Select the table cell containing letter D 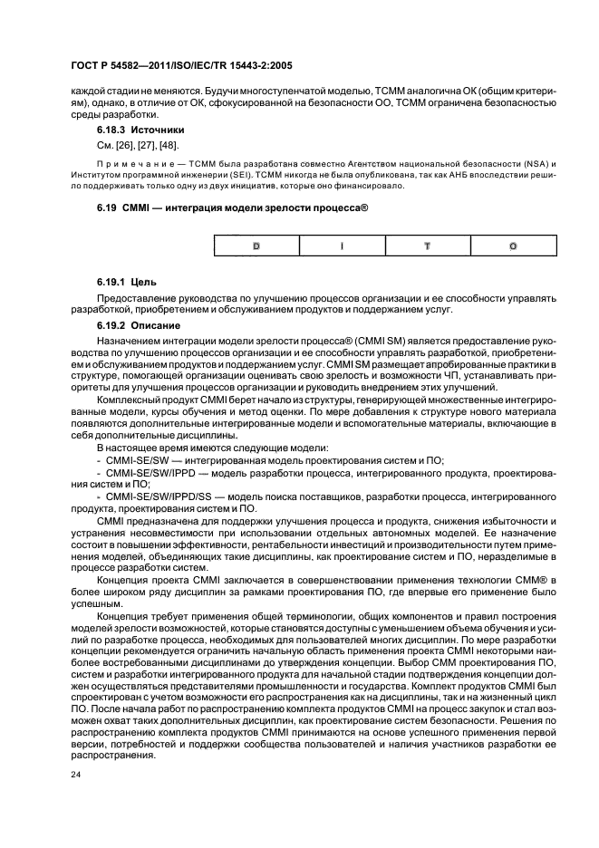pos(255,246)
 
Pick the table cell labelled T pos(427,246)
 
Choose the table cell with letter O pos(513,246)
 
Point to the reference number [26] pos(130,145)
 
